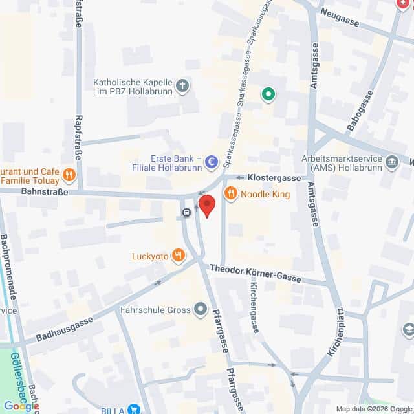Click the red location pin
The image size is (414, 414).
206,206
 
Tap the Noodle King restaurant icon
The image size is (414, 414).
230,193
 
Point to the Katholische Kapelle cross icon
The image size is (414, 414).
183,86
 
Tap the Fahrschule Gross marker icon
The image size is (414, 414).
200,309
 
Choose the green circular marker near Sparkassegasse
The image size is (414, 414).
268,96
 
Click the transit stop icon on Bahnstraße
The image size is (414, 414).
186,212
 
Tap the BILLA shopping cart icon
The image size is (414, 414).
134,409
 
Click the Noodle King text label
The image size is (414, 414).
265,194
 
